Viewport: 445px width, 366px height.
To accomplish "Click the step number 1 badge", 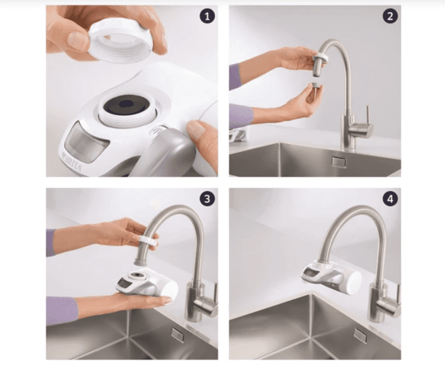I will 207,16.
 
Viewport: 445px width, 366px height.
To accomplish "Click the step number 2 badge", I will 390,16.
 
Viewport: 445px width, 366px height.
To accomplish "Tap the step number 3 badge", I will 207,199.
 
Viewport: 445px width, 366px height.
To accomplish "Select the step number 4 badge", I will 390,199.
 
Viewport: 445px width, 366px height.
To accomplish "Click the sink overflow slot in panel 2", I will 339,162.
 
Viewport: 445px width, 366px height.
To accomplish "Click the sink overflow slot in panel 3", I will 178,335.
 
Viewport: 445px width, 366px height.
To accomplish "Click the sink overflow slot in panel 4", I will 360,335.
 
